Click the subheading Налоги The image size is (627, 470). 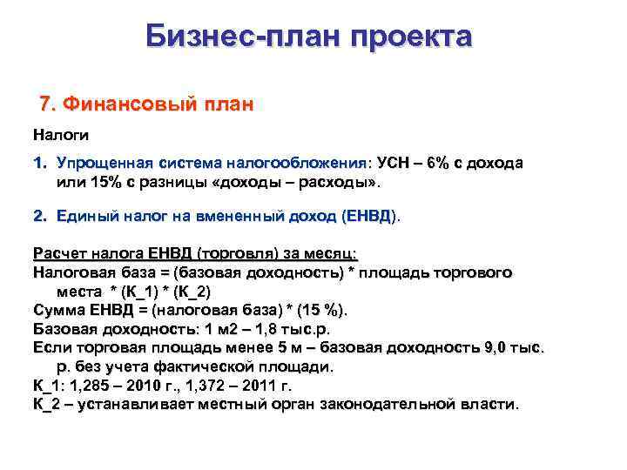[61, 136]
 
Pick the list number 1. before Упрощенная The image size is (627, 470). [40, 163]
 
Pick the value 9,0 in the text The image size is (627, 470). [497, 348]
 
